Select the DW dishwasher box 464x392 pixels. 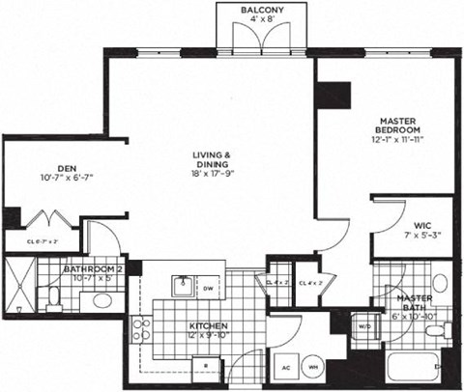[x=208, y=288]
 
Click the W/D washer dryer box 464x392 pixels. [x=364, y=325]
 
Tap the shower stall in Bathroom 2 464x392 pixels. [x=19, y=284]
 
